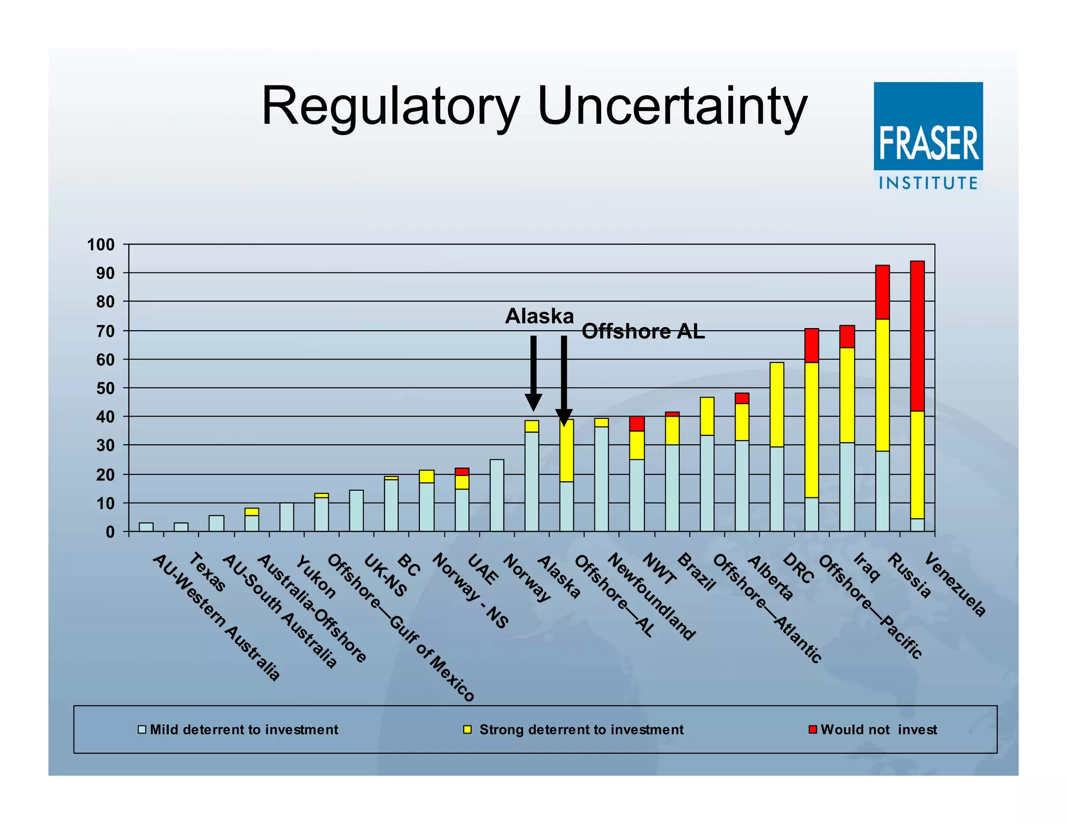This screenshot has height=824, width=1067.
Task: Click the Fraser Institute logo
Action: (928, 135)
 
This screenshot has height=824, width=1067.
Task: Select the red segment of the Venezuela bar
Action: (917, 336)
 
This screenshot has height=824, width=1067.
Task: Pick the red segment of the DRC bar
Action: (812, 345)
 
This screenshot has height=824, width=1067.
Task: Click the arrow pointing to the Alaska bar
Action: (533, 372)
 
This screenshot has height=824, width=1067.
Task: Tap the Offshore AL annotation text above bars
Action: (643, 331)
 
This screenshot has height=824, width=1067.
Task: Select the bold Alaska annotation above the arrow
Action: (539, 316)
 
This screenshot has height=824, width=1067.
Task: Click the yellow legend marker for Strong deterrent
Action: (467, 729)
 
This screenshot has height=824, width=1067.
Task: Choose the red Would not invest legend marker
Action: (812, 729)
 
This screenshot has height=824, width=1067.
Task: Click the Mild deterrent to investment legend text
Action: (244, 729)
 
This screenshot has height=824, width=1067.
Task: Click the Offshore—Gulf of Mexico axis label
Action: (400, 627)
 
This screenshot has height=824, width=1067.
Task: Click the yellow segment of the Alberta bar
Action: (742, 422)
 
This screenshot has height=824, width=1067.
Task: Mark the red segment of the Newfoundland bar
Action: (637, 423)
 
